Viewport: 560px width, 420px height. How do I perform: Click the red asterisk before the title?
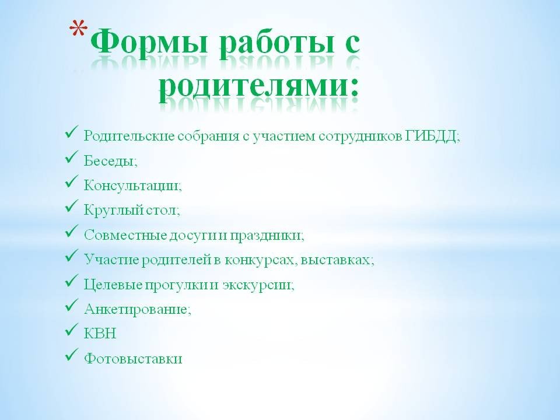coord(78,29)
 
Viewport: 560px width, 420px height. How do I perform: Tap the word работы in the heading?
coord(277,44)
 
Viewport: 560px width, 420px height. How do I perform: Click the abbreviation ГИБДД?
coord(431,136)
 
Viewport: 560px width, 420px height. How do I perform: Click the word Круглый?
coord(113,211)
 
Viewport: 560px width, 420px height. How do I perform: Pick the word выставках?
coord(335,260)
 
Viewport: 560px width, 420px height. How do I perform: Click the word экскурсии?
coord(257,285)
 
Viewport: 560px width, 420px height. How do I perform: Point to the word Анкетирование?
coord(136,309)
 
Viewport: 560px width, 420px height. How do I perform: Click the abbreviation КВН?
coord(100,334)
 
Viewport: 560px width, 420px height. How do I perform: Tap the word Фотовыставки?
coord(133,358)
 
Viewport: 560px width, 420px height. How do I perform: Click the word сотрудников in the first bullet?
coord(360,136)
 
